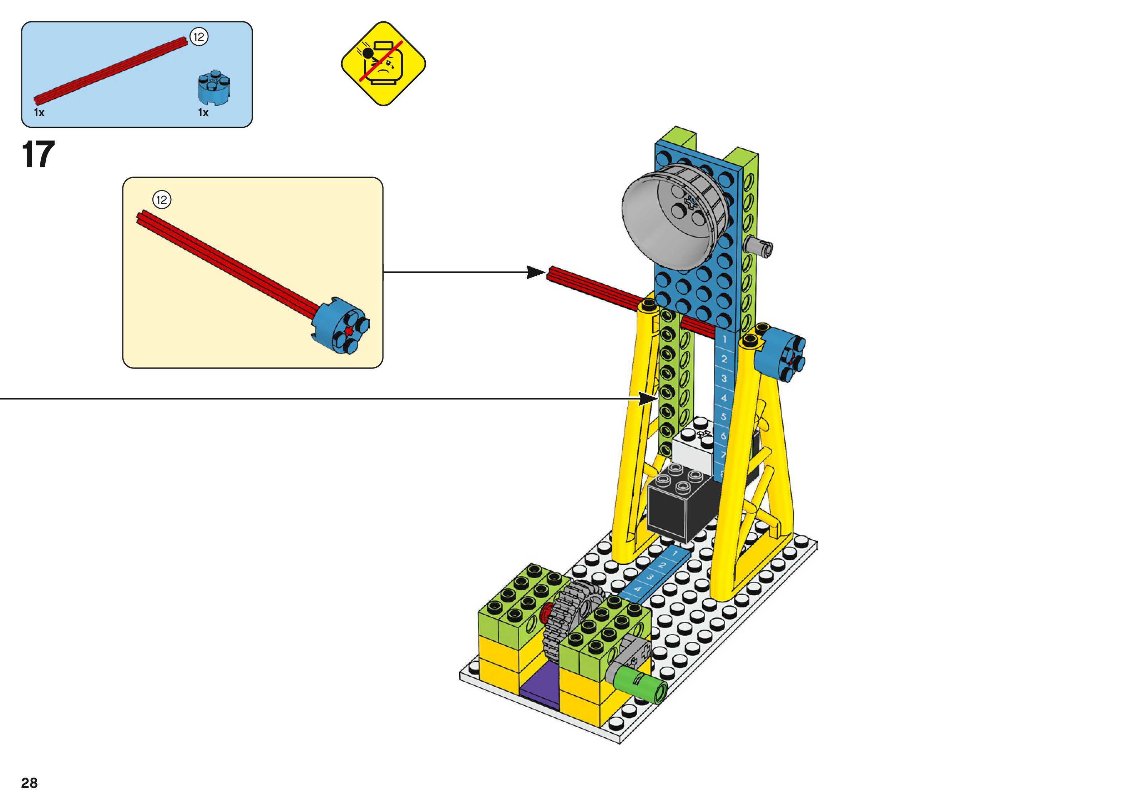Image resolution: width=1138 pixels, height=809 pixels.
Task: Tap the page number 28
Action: coord(29,783)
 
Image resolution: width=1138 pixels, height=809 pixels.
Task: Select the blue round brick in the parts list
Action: coord(213,88)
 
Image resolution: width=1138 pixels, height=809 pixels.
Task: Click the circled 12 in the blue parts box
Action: coord(199,36)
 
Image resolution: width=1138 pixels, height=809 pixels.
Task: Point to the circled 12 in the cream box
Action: coord(161,200)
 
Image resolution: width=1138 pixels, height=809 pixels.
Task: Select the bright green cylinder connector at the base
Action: coord(643,686)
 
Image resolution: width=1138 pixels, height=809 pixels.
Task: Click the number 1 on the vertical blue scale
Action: coord(724,339)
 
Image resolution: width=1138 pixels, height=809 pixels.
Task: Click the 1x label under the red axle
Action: coord(39,113)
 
